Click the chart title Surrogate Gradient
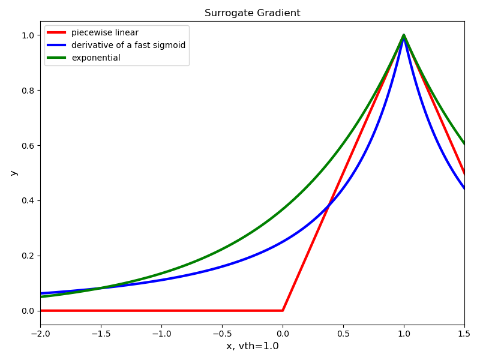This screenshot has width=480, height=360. [252, 13]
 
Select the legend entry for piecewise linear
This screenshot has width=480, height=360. [104, 32]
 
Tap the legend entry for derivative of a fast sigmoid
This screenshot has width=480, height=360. [128, 45]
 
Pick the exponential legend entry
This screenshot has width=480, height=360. [95, 58]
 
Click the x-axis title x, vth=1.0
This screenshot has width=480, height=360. [252, 346]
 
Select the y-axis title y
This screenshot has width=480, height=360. [13, 173]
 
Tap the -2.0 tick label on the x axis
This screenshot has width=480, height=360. [40, 334]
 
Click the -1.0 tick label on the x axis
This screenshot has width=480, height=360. [161, 334]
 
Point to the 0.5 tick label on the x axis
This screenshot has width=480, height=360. [343, 334]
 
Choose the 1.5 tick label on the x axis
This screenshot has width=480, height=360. [464, 334]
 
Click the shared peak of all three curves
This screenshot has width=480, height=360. [404, 35]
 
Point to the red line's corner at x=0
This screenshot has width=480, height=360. [283, 311]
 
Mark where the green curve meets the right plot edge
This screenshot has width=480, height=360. [464, 143]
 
